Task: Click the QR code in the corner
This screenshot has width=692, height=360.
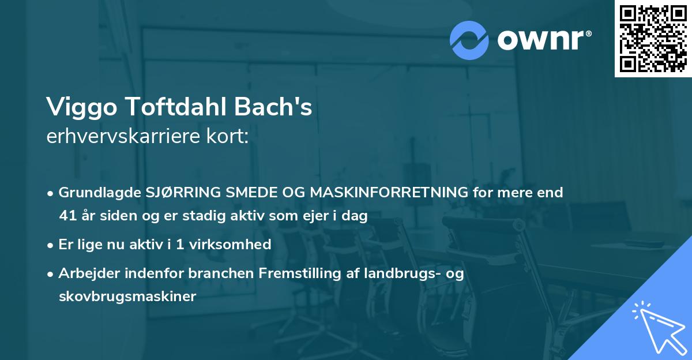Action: click(653, 38)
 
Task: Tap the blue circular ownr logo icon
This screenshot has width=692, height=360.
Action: click(469, 40)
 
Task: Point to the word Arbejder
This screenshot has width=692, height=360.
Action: click(85, 273)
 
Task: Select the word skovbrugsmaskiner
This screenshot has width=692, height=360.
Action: click(127, 297)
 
